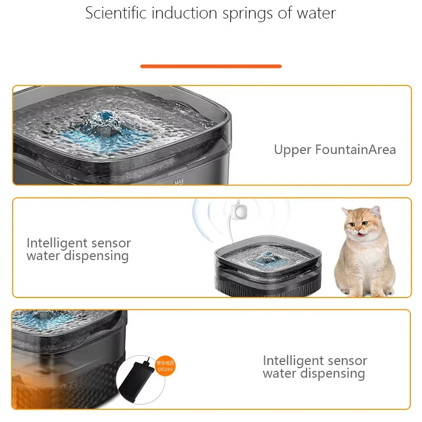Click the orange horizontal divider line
pyautogui.click(x=211, y=66)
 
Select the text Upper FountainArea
pyautogui.click(x=334, y=150)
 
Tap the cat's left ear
pyautogui.click(x=346, y=212)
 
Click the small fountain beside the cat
pyautogui.click(x=266, y=269)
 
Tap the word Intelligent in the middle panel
pyautogui.click(x=57, y=243)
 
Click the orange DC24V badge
pyautogui.click(x=165, y=366)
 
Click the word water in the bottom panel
pyautogui.click(x=279, y=373)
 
